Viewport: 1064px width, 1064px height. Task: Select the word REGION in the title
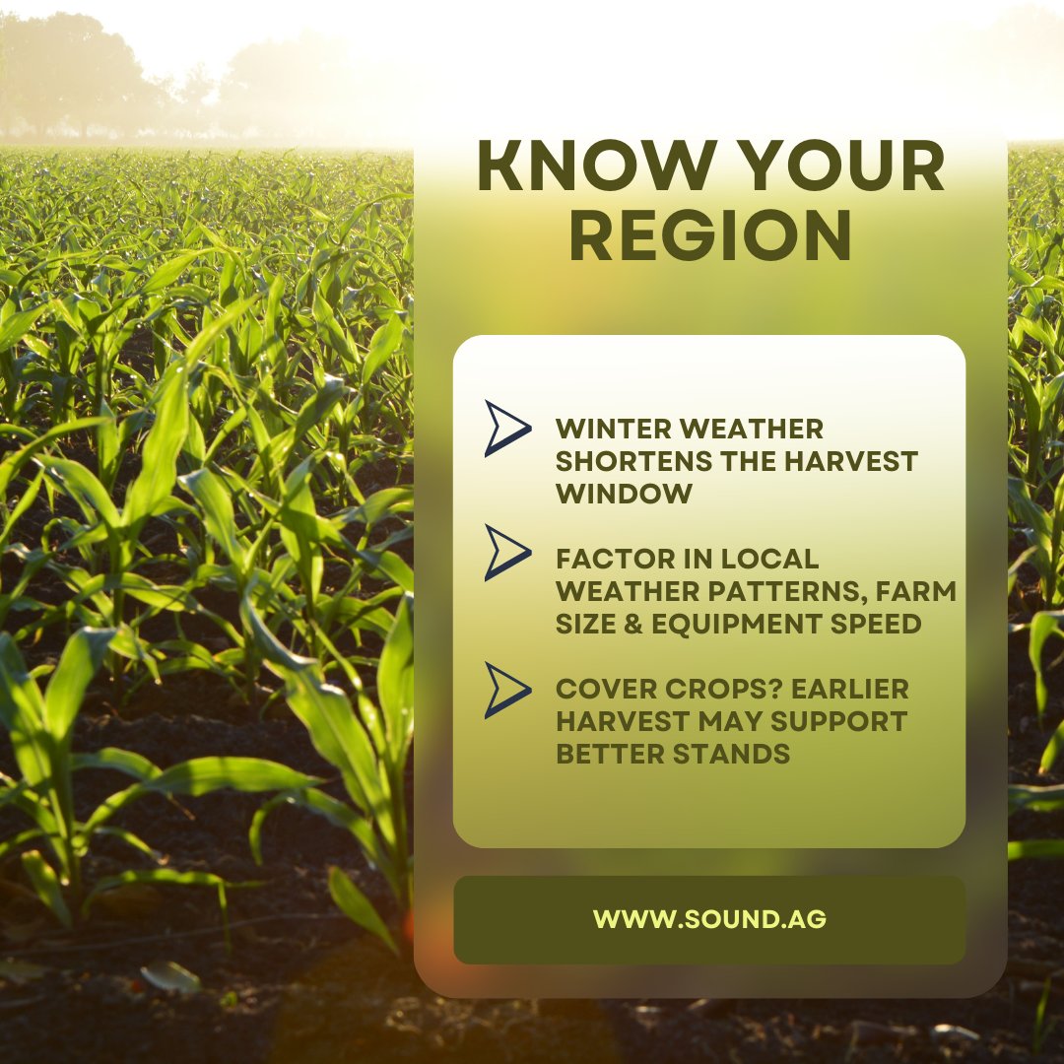[x=710, y=237]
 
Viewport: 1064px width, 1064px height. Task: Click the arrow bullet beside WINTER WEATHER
[x=507, y=428]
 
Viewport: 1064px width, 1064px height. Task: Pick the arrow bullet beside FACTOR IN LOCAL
[x=507, y=552]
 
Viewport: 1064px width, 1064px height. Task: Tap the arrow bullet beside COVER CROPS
[x=507, y=690]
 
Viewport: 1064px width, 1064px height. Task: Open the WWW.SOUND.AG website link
[x=709, y=919]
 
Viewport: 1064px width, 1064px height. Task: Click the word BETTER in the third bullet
[x=609, y=754]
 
